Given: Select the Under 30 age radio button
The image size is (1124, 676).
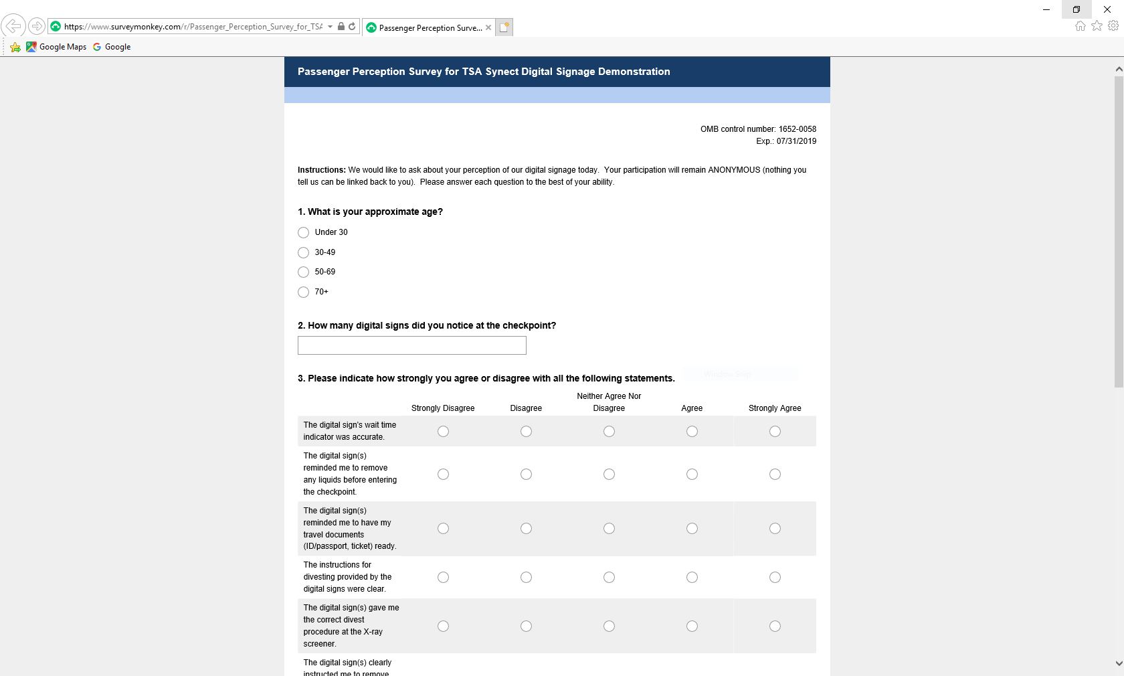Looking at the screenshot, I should pos(303,232).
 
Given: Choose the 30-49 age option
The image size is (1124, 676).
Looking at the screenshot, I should pos(303,252).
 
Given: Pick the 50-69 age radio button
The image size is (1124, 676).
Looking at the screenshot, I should pos(303,272).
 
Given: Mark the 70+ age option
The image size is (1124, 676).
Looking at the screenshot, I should pos(303,292).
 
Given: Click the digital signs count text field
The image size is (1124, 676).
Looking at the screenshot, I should pos(411,345).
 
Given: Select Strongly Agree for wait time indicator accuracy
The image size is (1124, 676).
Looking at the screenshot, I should pos(775,432).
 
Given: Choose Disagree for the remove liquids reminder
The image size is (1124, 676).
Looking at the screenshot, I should pos(526,475).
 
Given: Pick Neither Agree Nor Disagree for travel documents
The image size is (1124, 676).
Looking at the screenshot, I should pos(609,529).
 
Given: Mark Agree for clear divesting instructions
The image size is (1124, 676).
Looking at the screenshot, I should pos(692,578).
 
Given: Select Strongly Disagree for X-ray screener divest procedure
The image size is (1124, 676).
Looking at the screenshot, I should pos(443,626).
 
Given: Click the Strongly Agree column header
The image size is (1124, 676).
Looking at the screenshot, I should pos(775,408).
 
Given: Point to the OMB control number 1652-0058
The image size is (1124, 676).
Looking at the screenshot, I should pos(758,129).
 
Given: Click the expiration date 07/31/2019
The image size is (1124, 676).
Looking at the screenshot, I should pos(796,141).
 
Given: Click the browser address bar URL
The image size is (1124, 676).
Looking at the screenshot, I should pos(193,27).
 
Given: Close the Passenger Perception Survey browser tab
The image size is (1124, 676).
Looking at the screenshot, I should pos(488,27).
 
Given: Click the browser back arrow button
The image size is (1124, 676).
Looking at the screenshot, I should pos(13,26).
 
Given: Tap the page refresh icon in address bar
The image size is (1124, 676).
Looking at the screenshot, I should pos(352,27).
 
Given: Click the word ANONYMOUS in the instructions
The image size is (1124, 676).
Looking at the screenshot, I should pos(734,170).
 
